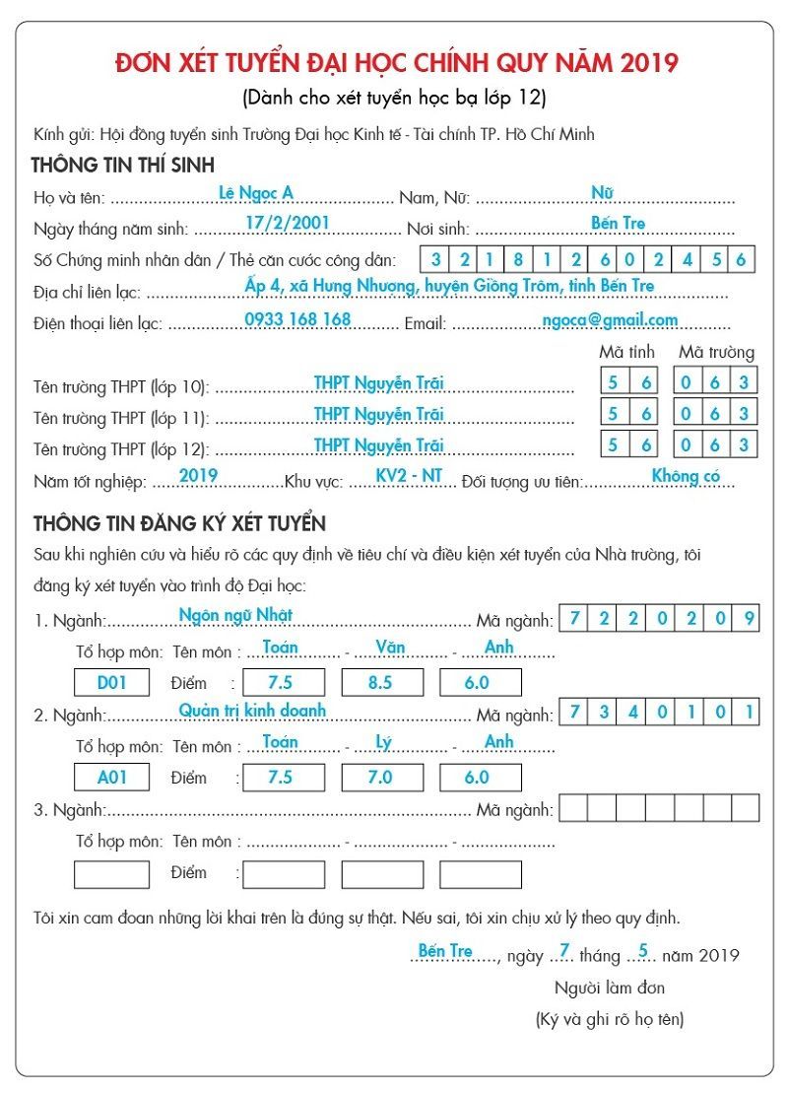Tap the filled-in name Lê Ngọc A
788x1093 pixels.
[256, 193]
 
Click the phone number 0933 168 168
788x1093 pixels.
[297, 319]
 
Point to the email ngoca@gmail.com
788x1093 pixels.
[610, 319]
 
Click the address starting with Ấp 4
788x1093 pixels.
[449, 286]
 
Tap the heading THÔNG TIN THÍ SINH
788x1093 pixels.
[123, 165]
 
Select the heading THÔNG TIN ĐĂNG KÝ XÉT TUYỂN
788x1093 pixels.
[179, 522]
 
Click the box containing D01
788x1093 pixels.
[112, 682]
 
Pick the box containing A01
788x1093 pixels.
[112, 777]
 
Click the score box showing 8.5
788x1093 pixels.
[381, 682]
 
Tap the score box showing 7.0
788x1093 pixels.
[381, 777]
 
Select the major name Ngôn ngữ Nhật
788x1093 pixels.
[235, 615]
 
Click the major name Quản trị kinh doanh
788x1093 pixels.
[252, 710]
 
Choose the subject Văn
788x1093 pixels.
[390, 648]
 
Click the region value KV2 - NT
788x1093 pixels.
[410, 476]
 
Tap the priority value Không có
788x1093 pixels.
[686, 477]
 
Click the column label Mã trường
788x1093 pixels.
[716, 352]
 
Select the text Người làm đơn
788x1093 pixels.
[610, 988]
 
